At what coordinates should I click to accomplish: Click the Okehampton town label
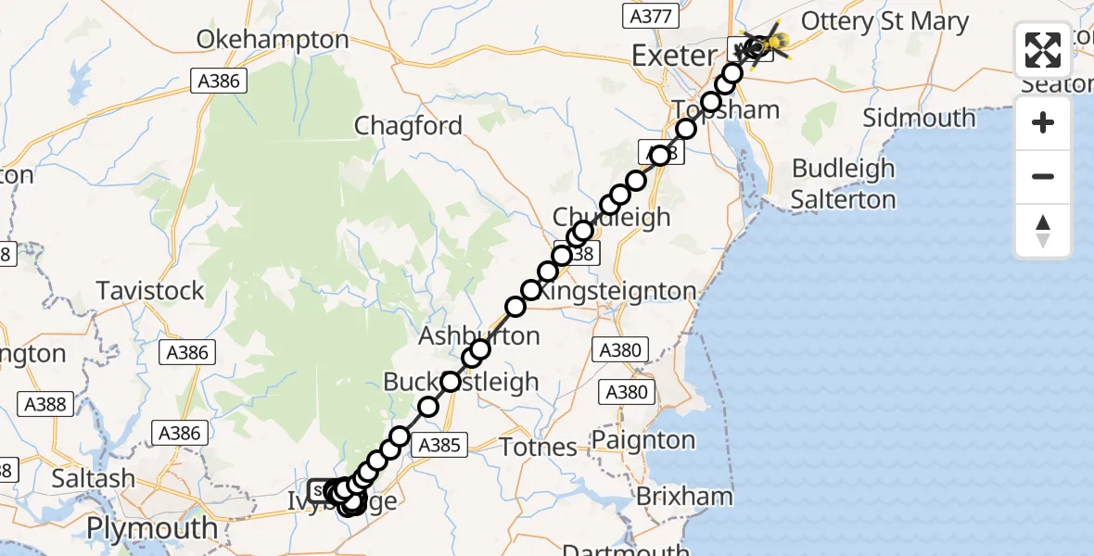273,40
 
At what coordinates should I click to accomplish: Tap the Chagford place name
408,126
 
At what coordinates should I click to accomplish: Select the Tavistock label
150,291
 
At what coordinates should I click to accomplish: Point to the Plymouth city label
152,529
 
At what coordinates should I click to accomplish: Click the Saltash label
93,479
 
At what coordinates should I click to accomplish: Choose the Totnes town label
538,447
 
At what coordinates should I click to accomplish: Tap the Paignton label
656,439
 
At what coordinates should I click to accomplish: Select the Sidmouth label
919,119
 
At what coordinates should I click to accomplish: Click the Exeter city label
674,56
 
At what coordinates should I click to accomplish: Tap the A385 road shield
439,445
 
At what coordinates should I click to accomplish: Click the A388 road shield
45,404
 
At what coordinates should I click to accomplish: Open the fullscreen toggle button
1043,50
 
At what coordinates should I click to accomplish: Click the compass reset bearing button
1043,231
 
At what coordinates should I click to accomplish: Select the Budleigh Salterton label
843,183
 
